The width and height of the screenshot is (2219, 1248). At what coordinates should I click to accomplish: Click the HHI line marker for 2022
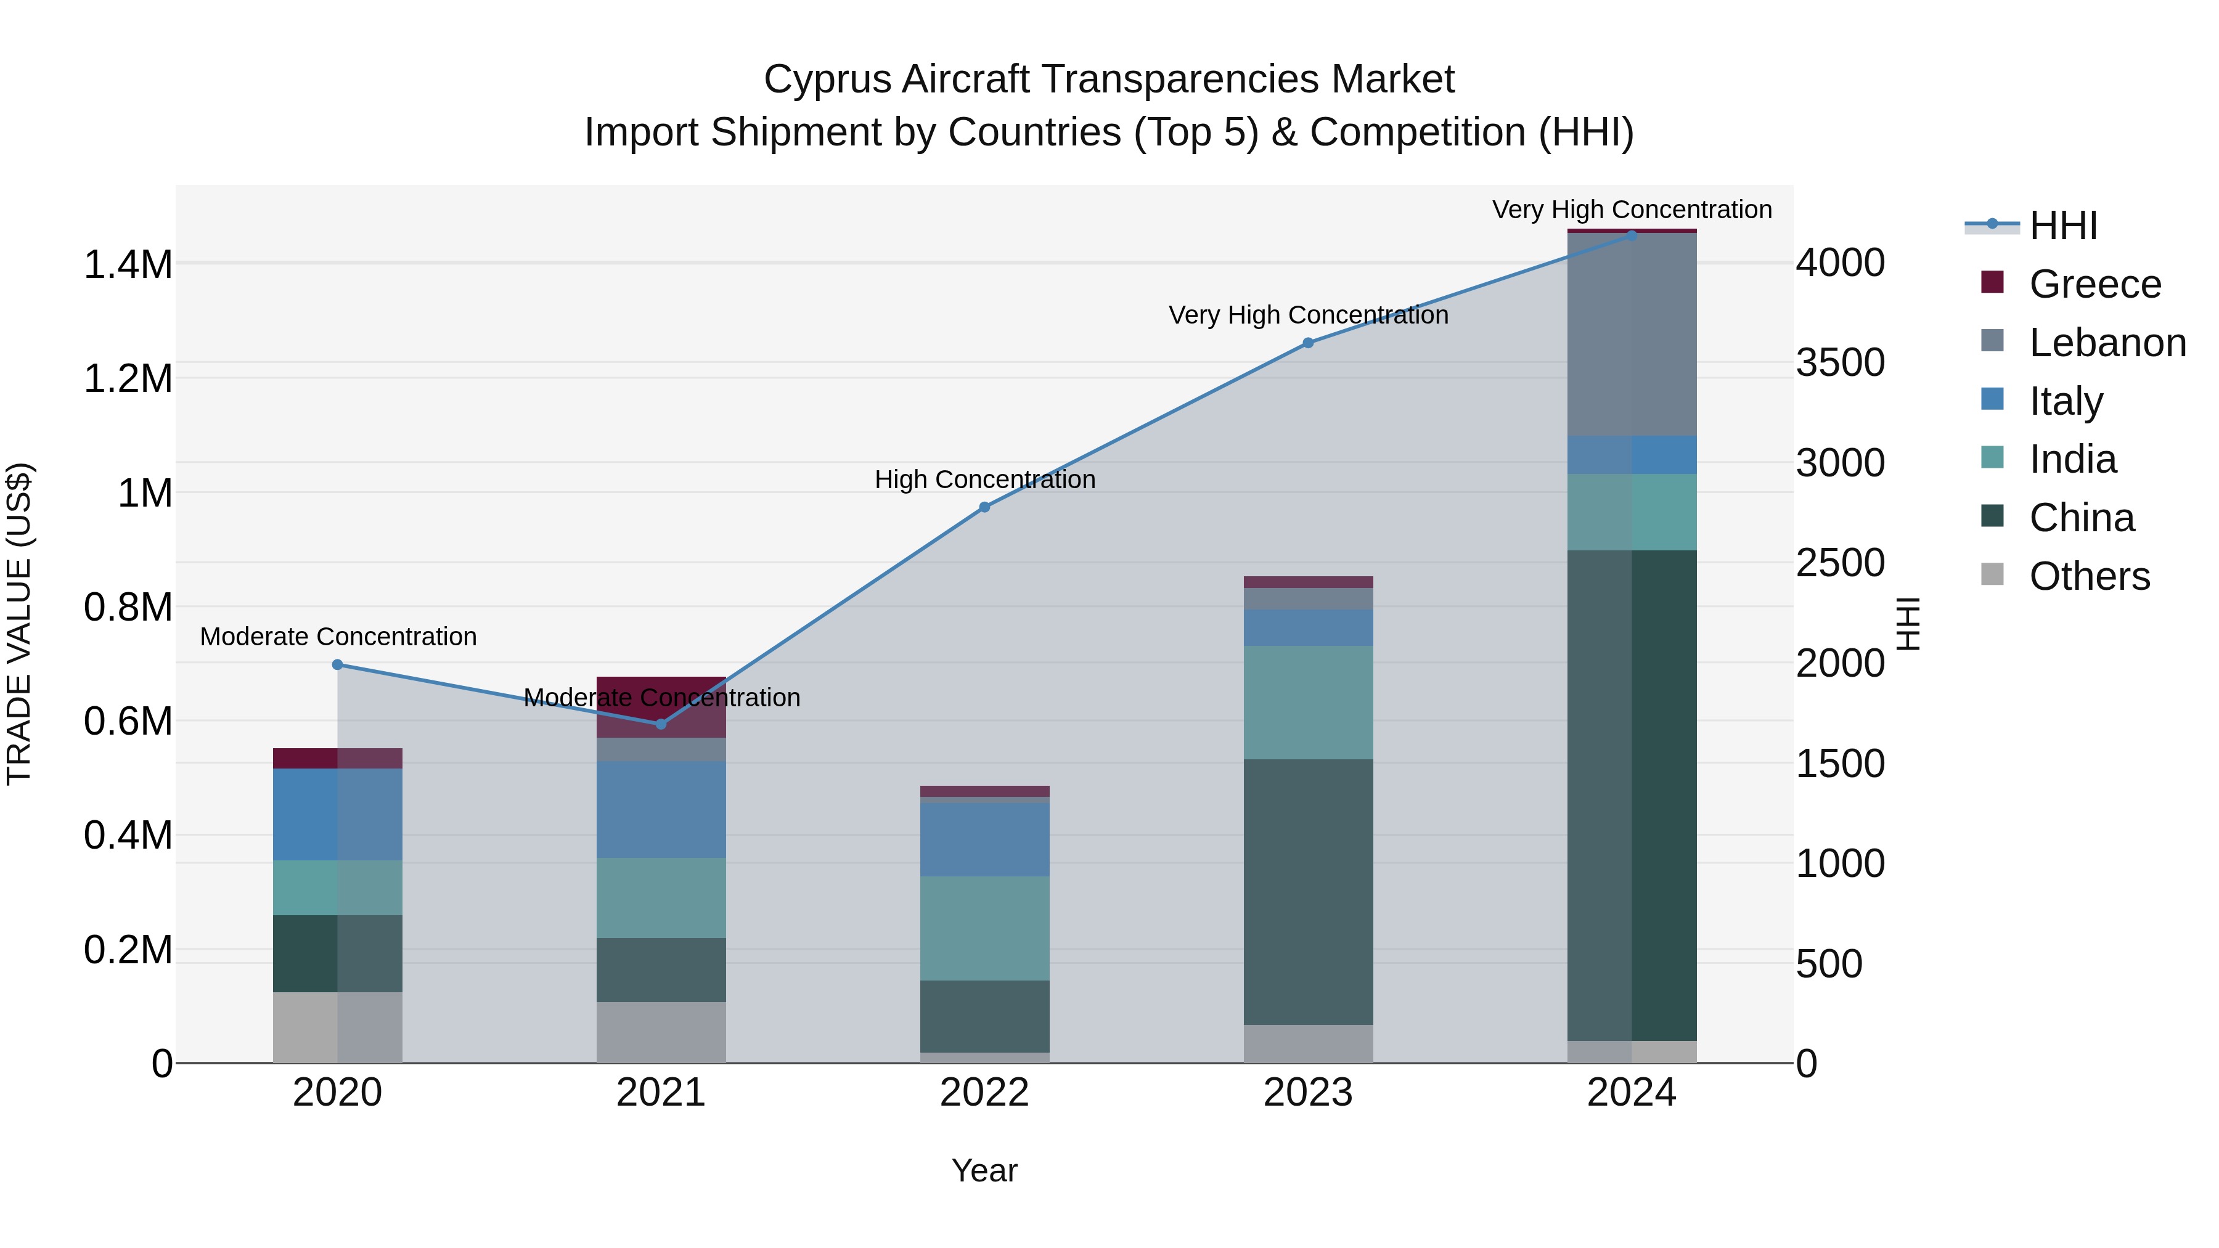[x=984, y=507]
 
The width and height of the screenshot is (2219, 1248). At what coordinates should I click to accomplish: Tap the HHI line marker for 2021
[x=661, y=724]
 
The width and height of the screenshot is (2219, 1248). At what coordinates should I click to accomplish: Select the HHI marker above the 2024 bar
[x=1632, y=235]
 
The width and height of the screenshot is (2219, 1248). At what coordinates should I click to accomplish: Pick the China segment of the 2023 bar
[x=1307, y=891]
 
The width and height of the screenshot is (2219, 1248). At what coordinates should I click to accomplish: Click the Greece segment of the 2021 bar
[x=661, y=707]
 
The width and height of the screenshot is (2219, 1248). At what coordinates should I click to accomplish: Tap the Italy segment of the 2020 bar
[x=337, y=814]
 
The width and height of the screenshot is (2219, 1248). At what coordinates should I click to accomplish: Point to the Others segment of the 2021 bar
[x=661, y=1032]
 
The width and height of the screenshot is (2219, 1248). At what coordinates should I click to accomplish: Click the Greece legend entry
[x=2094, y=284]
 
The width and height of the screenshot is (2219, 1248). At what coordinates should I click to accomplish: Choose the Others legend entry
[x=2089, y=576]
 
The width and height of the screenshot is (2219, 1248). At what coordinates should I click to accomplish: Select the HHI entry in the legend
[x=2062, y=226]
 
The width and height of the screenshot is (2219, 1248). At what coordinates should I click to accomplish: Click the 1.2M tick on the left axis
[x=128, y=379]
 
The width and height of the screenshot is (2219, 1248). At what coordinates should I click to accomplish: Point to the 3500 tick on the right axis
[x=1840, y=362]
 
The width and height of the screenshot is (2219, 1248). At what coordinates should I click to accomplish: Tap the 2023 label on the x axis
[x=1307, y=1093]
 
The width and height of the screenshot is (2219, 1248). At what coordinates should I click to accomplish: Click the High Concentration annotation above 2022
[x=984, y=479]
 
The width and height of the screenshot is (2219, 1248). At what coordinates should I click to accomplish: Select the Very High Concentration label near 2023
[x=1307, y=315]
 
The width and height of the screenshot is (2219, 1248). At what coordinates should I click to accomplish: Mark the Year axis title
[x=984, y=1170]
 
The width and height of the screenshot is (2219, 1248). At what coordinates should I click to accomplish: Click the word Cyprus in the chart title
[x=827, y=80]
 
